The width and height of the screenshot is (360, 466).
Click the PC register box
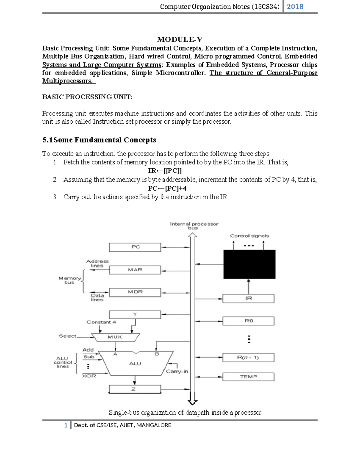(x=135, y=247)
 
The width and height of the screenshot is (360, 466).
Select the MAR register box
(x=135, y=270)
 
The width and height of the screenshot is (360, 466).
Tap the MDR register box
(x=135, y=292)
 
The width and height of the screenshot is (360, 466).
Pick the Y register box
(x=135, y=314)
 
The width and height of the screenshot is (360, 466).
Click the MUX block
(x=115, y=337)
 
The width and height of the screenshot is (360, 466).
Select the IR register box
(x=248, y=298)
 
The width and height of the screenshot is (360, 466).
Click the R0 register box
(x=248, y=321)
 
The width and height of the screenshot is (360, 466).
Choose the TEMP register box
(x=248, y=377)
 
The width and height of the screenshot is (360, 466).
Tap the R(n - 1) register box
(x=248, y=357)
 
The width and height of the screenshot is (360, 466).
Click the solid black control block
(x=249, y=264)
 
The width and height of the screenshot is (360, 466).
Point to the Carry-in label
(x=177, y=371)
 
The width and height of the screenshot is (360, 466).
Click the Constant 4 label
(x=101, y=322)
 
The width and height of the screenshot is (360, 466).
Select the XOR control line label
(x=89, y=376)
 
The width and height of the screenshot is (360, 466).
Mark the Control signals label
(x=249, y=236)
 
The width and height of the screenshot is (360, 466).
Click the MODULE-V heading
(x=180, y=39)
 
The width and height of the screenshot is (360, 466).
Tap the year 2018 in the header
(x=295, y=7)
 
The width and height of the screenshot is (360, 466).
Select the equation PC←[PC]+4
(x=167, y=188)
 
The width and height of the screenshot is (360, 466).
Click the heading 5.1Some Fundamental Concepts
(x=99, y=140)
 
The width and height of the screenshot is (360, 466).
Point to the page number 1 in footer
(x=66, y=425)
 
